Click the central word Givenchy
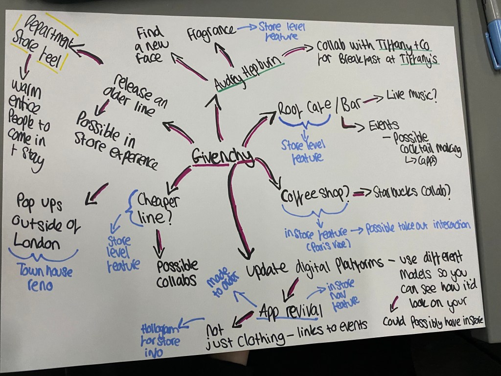tap(221, 157)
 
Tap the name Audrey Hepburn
tap(249, 71)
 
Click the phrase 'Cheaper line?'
tap(156, 209)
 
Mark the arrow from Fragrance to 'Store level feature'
tap(247, 28)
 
